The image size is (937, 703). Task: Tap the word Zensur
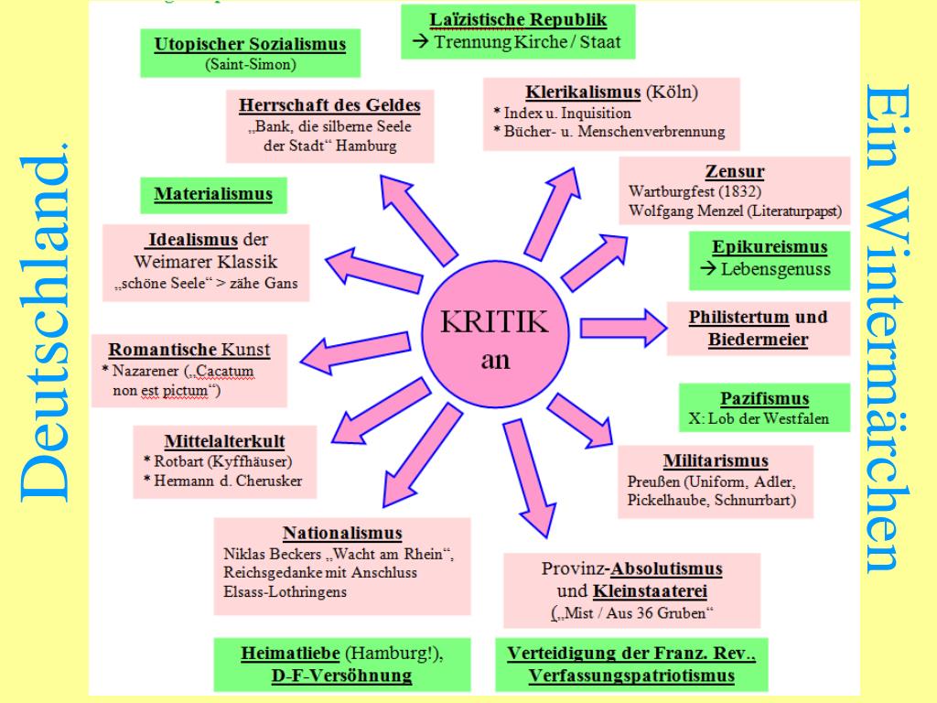[x=735, y=171]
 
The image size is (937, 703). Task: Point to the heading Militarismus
[x=716, y=460]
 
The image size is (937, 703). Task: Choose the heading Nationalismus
[x=342, y=533]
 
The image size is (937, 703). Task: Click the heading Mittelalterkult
[x=224, y=439]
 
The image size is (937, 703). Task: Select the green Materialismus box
[x=213, y=194]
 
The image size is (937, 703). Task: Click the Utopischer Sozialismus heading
[x=250, y=45]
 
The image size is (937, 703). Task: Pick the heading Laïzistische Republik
[x=518, y=18]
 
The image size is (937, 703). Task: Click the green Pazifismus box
[x=764, y=399]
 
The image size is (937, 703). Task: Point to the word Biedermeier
[x=758, y=341]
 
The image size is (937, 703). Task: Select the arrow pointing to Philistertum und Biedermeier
[x=624, y=325]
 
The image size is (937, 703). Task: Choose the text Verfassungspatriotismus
[x=632, y=676]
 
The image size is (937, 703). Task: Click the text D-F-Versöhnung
[x=341, y=676]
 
